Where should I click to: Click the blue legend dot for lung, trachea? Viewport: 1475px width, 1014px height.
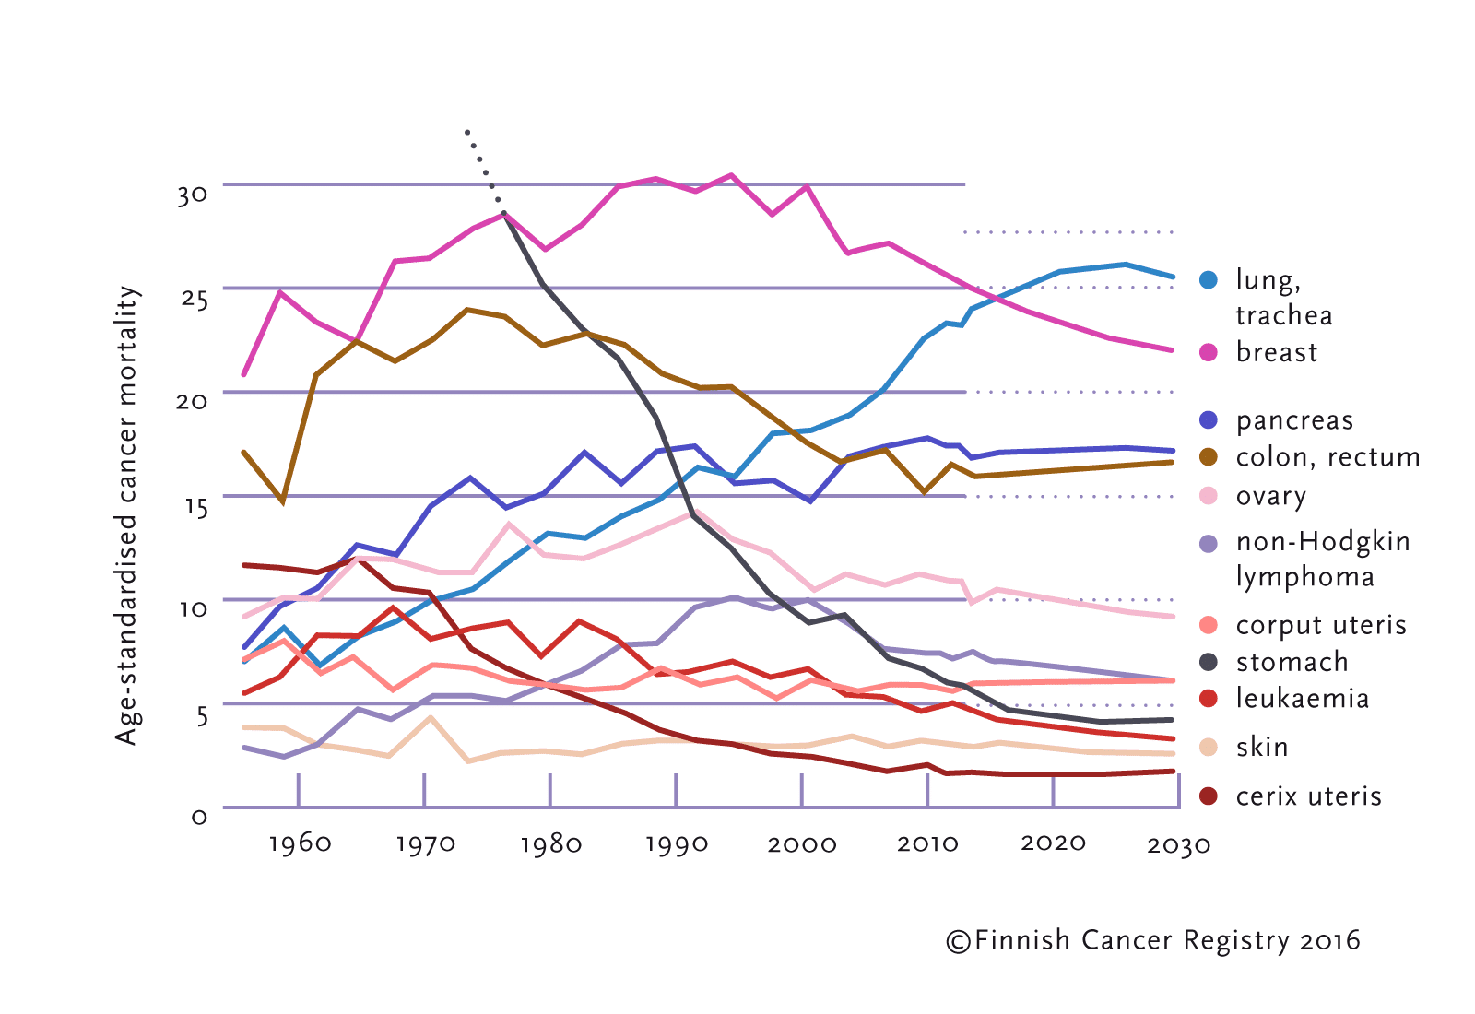(x=1209, y=279)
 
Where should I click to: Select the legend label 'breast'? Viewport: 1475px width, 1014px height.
(x=1277, y=352)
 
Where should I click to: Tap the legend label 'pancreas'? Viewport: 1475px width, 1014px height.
(x=1294, y=420)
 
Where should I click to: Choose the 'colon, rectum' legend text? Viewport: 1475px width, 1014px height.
(x=1327, y=457)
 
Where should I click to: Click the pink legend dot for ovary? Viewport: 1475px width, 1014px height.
(x=1209, y=496)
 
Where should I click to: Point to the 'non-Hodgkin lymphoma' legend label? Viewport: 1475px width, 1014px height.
(x=1322, y=559)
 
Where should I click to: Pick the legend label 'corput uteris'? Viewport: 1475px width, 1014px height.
(x=1320, y=625)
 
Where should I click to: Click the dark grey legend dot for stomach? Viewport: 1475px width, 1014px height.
(x=1209, y=662)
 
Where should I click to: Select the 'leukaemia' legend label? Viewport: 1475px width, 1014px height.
(x=1302, y=699)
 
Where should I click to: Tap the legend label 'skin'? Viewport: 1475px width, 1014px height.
(x=1261, y=747)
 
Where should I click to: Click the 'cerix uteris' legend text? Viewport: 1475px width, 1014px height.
(x=1308, y=796)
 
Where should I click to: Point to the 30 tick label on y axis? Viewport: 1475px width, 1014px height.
(x=193, y=195)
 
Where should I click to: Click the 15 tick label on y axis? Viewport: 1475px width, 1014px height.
(x=195, y=506)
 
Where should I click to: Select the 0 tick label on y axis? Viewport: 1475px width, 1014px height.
(x=199, y=817)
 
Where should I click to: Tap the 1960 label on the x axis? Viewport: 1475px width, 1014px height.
(x=300, y=843)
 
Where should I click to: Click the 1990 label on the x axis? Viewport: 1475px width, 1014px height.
(x=677, y=844)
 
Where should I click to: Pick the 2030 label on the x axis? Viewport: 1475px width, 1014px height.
(x=1178, y=845)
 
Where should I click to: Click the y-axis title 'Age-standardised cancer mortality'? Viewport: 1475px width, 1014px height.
(x=126, y=514)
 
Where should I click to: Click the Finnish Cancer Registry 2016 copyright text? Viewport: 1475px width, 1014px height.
(x=1153, y=940)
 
